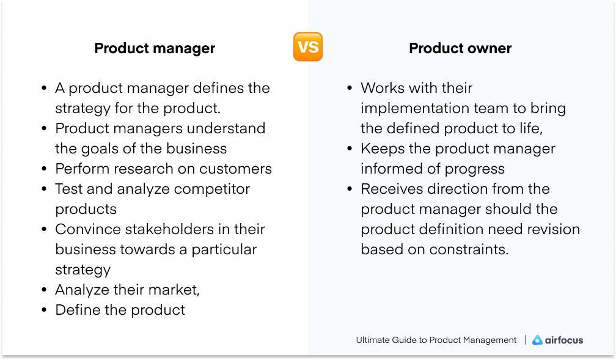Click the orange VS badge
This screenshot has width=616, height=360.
[x=308, y=47]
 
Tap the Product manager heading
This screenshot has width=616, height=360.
[x=155, y=48]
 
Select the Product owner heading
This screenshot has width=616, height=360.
[x=460, y=48]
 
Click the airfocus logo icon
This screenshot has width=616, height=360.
[x=537, y=340]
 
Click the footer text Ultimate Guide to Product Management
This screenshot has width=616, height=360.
[x=436, y=340]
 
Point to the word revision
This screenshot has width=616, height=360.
[x=550, y=229]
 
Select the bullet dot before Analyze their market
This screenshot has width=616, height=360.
[x=44, y=290]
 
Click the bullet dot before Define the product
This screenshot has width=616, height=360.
[x=44, y=310]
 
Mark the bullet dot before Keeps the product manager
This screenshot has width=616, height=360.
[x=350, y=149]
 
